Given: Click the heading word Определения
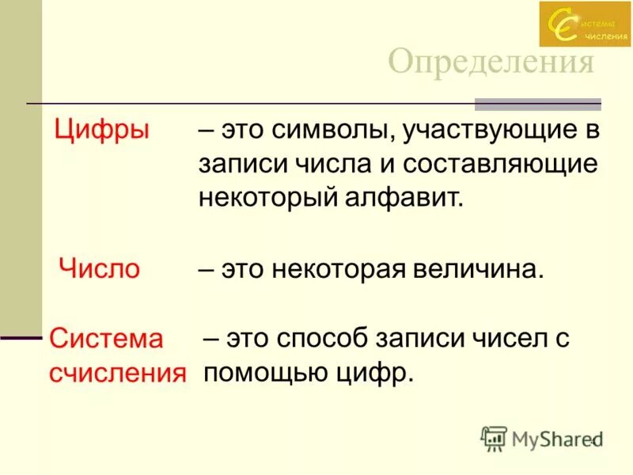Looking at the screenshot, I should tap(491, 62).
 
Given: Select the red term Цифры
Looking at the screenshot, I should tap(101, 130).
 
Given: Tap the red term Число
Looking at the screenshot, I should tap(100, 268).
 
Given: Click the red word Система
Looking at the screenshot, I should tap(106, 339).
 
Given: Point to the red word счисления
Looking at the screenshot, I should tap(118, 372).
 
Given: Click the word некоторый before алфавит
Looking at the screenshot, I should tap(270, 198).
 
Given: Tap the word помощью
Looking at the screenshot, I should tap(264, 372).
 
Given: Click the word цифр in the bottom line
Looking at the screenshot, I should tap(373, 372).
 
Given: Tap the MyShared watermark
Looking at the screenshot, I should tap(542, 438).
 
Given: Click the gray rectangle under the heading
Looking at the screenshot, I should tap(538, 104).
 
